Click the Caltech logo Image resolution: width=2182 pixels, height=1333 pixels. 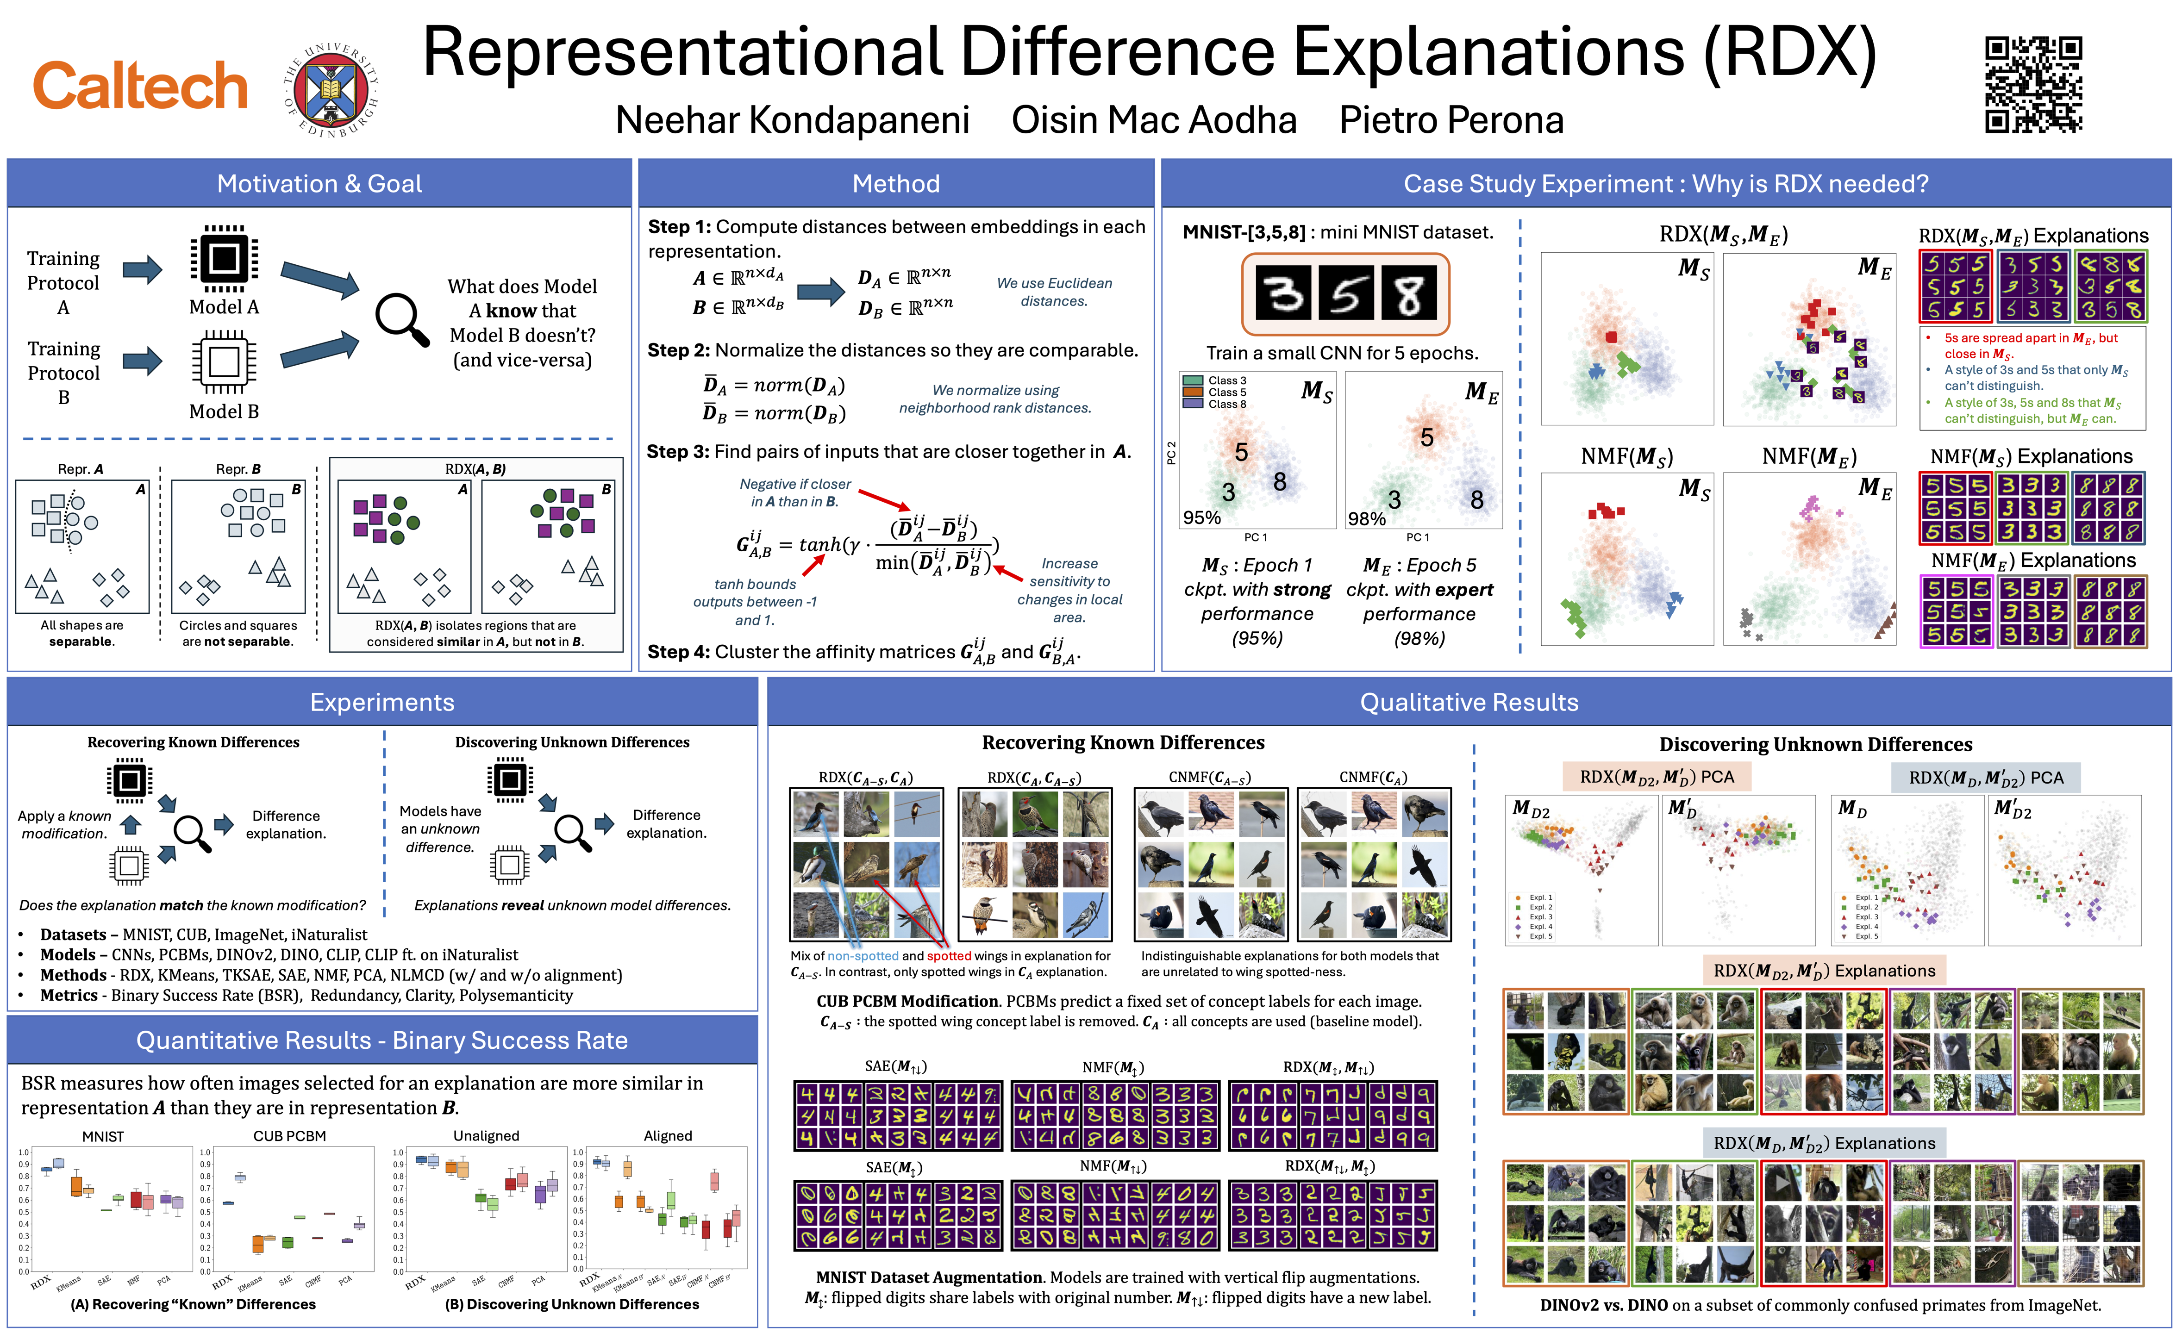140,87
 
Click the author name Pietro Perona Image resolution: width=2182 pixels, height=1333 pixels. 1450,120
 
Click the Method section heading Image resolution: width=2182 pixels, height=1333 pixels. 895,184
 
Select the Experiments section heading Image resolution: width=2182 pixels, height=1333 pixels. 381,703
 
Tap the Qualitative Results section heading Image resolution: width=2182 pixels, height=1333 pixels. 1468,703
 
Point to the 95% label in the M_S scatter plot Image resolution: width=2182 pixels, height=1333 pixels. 1202,518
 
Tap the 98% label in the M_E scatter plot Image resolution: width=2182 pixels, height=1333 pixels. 1366,520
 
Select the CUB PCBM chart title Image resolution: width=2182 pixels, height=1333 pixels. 289,1136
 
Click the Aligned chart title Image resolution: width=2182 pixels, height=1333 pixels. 668,1136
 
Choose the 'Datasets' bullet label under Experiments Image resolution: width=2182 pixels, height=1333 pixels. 73,934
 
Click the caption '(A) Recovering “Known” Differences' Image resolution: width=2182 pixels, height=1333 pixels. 193,1305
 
